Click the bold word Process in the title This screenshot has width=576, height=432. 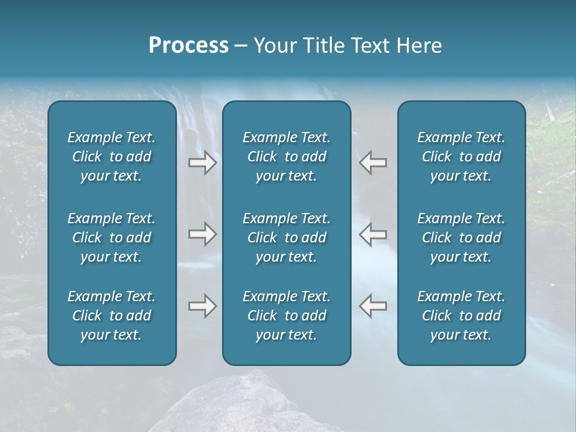coord(188,46)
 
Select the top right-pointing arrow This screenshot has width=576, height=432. coord(202,163)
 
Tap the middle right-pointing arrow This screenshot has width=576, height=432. coord(202,234)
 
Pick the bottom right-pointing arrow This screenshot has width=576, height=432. coord(202,306)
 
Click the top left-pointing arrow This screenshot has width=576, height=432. coord(373,163)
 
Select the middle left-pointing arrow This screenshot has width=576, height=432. coord(373,234)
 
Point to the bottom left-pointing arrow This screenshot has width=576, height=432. coord(373,306)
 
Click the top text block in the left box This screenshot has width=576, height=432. coord(112,157)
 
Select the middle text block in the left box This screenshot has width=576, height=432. coord(112,238)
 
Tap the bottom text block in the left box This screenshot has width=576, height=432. coord(112,316)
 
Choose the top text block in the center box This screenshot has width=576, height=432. coord(286,157)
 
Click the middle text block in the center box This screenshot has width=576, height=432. coord(286,238)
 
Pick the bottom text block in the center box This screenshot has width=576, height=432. coord(286,316)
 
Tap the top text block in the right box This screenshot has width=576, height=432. coord(461,157)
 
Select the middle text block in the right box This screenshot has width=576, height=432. coord(461,238)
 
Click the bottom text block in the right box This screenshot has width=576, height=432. coord(461,316)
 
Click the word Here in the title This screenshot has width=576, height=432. coord(420,46)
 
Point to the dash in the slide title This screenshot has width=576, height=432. coord(241,46)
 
